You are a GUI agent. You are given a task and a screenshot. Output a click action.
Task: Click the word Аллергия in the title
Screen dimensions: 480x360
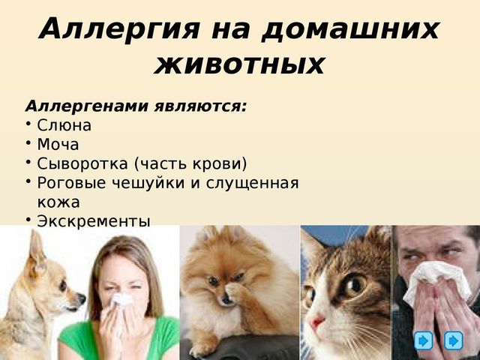119,29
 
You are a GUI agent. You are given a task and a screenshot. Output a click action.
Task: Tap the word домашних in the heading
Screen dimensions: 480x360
351,30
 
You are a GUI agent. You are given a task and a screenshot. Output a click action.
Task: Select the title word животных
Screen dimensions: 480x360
239,64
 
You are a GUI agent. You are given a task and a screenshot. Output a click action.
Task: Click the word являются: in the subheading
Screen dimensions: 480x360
200,106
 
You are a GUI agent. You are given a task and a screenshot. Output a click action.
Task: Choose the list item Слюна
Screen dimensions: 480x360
64,125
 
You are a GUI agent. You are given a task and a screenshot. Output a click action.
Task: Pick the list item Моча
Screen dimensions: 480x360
58,145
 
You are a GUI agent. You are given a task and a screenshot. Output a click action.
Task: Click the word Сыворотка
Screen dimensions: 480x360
82,163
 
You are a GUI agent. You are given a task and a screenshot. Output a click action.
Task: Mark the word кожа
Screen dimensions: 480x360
58,202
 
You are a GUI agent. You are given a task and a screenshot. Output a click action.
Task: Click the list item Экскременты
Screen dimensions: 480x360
94,222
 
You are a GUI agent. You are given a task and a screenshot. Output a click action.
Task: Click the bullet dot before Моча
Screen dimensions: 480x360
28,142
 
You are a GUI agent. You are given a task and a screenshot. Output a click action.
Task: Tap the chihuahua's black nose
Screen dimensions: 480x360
82,298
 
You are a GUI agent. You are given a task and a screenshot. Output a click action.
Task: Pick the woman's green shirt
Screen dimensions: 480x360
119,340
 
